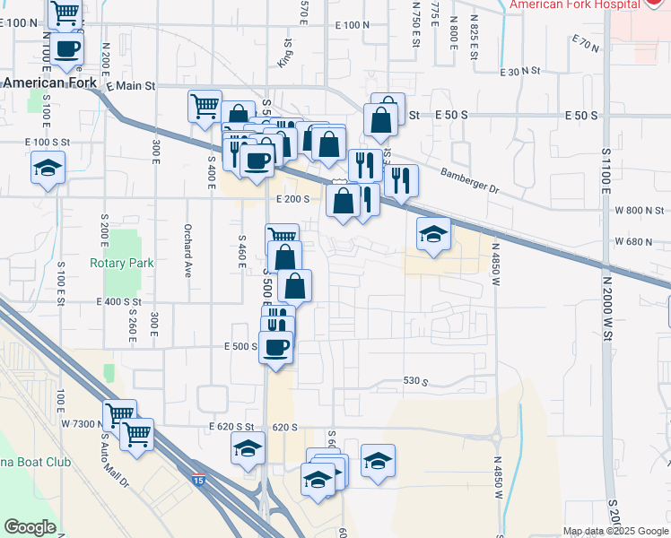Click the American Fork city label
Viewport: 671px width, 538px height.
pos(50,82)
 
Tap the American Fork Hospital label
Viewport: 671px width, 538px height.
pos(575,4)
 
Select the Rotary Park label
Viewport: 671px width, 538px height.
pos(121,263)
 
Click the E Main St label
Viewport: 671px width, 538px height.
pos(130,86)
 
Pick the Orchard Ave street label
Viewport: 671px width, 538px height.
pos(188,250)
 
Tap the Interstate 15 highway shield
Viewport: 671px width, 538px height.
pos(196,482)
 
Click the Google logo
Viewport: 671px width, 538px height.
pos(30,527)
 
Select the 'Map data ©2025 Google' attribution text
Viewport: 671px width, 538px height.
pos(615,531)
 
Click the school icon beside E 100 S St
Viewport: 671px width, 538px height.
pos(48,168)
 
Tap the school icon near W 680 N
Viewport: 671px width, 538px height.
pos(434,235)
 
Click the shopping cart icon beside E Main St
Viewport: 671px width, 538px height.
pos(205,106)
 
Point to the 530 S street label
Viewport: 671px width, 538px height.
pos(415,382)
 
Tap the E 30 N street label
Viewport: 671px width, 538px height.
pos(523,71)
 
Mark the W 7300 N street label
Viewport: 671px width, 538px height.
pos(83,422)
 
